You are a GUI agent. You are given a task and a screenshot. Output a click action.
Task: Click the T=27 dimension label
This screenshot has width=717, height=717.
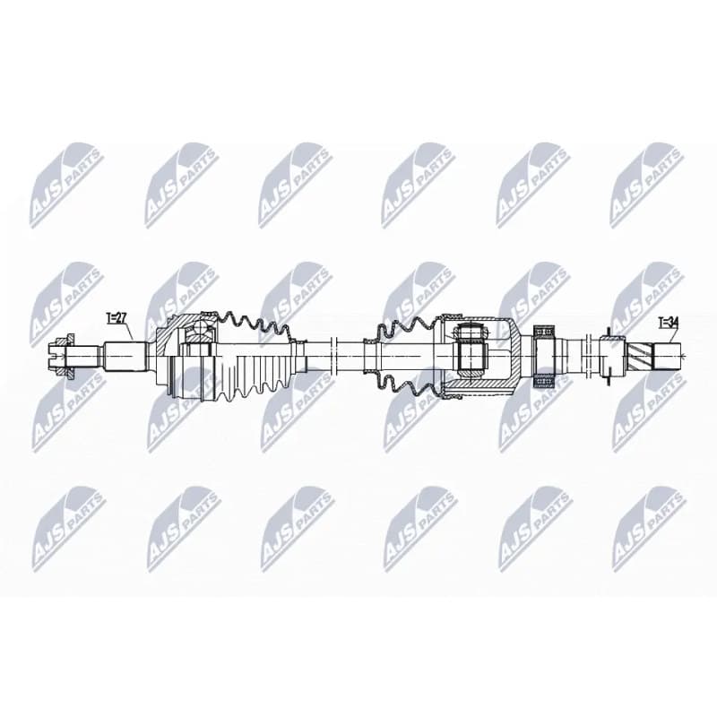point(117,317)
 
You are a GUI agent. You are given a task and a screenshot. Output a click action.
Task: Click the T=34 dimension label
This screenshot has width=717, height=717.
point(668,323)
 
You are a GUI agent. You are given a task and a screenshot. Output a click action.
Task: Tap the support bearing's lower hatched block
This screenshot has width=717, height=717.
point(545,380)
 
